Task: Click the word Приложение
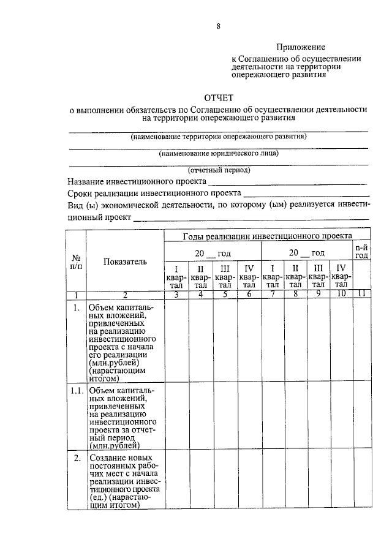[300, 47]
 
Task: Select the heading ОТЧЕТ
[219, 97]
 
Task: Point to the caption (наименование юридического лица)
[218, 153]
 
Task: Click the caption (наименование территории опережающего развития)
[218, 136]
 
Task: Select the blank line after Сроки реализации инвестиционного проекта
[306, 194]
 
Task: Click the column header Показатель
[125, 262]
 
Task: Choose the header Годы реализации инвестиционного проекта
[267, 236]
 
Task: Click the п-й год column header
[361, 251]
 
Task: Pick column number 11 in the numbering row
[361, 294]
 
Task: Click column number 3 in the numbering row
[176, 294]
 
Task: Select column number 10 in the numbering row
[341, 294]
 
